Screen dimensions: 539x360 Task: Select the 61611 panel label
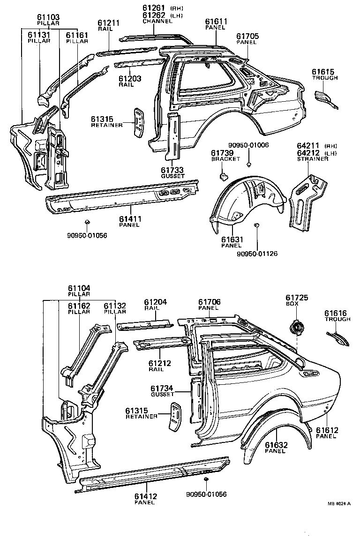[x=216, y=22]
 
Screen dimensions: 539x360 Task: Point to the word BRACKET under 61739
[x=222, y=159]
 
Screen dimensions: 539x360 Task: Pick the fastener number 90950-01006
[x=248, y=145]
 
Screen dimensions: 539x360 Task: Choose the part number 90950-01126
[x=257, y=254]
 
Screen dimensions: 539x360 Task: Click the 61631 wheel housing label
[x=232, y=240]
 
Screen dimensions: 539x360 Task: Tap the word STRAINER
[x=313, y=159]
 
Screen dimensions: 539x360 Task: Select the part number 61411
[x=129, y=218]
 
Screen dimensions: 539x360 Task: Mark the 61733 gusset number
[x=173, y=170]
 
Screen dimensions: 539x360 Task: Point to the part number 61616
[x=337, y=313]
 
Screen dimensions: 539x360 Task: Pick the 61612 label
[x=326, y=430]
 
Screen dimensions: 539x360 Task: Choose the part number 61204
[x=155, y=302]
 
